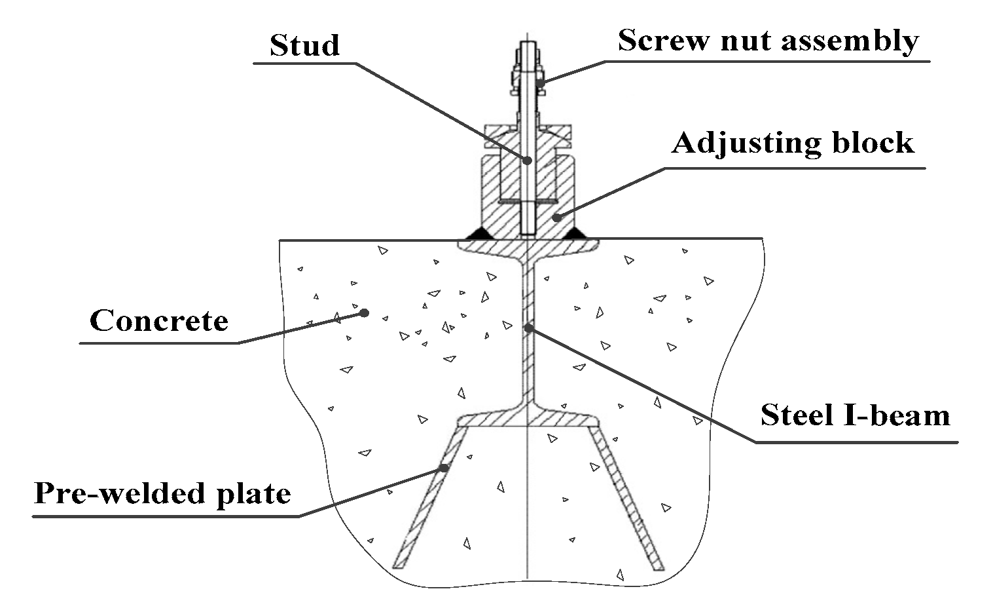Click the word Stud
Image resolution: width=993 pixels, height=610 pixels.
(304, 45)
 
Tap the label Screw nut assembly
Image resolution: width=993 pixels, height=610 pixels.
(768, 41)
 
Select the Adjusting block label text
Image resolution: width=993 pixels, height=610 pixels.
(792, 143)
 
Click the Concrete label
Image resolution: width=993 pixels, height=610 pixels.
(159, 321)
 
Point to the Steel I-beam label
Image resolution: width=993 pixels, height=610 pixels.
(855, 415)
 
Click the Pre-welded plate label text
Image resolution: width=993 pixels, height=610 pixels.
(162, 493)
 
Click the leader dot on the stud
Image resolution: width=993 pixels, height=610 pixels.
(528, 160)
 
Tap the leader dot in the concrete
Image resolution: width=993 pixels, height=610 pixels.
(365, 313)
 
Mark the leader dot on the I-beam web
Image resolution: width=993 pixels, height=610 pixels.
(528, 327)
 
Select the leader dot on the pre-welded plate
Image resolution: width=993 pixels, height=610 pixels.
(444, 468)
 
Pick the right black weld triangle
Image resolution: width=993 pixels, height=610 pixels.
(575, 233)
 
